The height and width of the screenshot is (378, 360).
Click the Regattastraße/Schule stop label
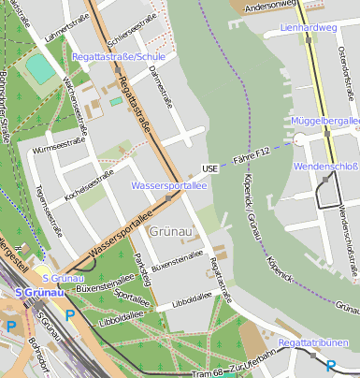tap(119, 57)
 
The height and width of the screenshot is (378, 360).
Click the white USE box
tap(209, 169)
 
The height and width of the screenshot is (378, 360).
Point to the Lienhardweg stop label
tap(308, 28)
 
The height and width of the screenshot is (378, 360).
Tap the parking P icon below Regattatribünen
tap(330, 366)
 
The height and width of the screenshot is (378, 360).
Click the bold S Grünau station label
tap(36, 293)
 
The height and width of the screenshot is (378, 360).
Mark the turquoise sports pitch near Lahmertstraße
tap(39, 68)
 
